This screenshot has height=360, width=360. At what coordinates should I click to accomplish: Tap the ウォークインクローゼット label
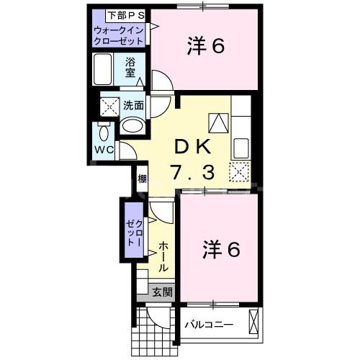tap(120, 36)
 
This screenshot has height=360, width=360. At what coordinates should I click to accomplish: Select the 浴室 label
tap(131, 66)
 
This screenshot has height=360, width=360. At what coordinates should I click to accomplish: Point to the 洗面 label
tap(132, 104)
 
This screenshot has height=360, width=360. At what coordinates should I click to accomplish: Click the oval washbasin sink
tap(132, 125)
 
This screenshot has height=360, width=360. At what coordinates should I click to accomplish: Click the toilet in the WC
tap(102, 133)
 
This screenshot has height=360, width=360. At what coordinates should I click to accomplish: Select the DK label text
tap(192, 147)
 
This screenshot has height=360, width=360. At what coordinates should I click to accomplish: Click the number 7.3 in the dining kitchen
tap(192, 173)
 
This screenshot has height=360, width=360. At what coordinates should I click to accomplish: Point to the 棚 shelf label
tap(142, 179)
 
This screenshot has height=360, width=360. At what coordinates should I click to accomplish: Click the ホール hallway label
tap(163, 255)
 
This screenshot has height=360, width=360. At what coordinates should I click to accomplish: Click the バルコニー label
tap(209, 325)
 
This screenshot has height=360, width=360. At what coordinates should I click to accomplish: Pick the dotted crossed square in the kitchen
tap(239, 172)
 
